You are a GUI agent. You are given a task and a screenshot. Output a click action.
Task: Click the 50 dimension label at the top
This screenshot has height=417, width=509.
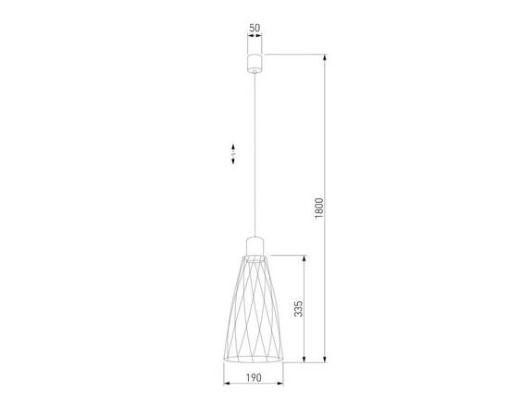point(254,28)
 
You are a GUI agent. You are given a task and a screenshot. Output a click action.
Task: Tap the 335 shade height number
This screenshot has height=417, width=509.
point(298,309)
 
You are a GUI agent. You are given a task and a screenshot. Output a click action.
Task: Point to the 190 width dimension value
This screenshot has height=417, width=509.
point(254,377)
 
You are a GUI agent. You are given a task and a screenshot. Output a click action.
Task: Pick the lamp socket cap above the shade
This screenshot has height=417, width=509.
point(254,246)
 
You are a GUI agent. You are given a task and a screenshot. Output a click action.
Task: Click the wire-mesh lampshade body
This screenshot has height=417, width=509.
point(254,306)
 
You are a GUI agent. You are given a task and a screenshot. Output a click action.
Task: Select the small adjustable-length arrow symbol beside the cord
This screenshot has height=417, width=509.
point(233,153)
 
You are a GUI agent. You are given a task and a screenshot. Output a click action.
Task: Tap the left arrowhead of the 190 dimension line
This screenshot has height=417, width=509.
point(228,384)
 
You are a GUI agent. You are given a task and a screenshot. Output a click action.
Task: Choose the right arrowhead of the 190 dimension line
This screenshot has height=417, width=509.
point(282,384)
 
